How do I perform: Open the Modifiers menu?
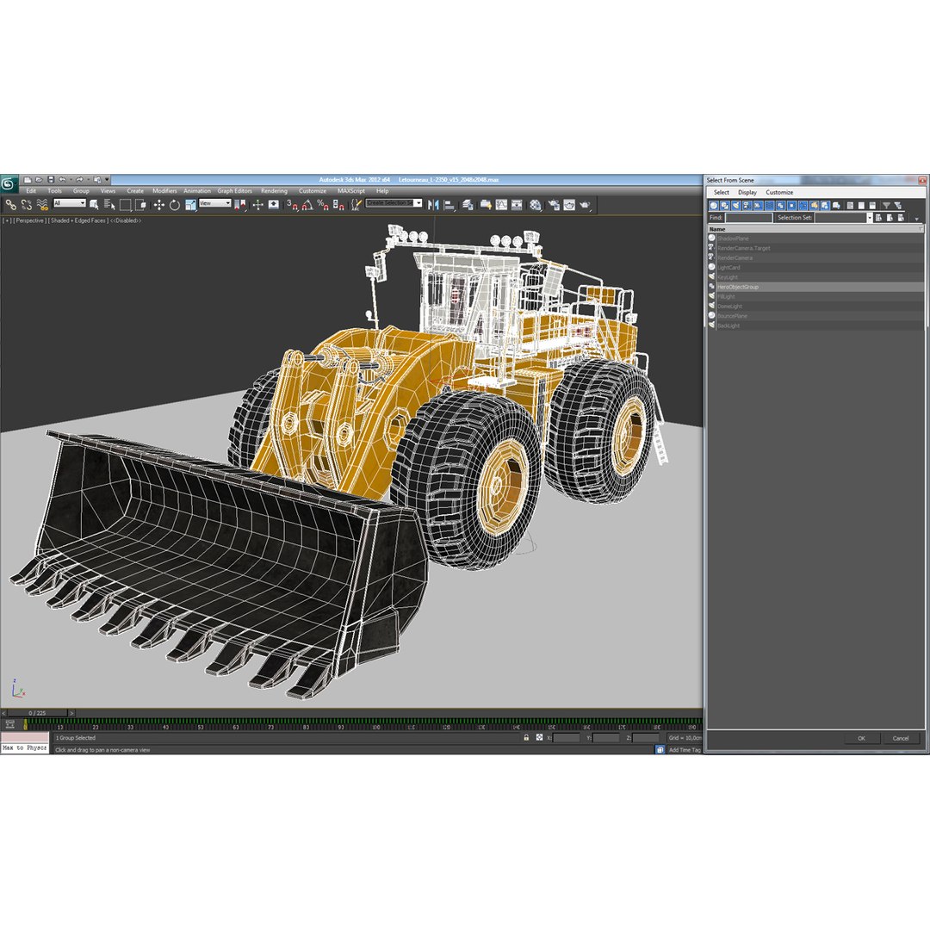tap(164, 191)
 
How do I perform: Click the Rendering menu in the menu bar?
tap(274, 191)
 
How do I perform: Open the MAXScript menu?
tap(350, 191)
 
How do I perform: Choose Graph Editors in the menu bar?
tap(234, 191)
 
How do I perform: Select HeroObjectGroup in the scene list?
tap(738, 287)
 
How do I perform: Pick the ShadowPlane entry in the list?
tap(733, 239)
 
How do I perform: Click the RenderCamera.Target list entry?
tap(743, 248)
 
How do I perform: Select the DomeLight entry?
tap(729, 306)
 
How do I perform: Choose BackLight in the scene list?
tap(728, 325)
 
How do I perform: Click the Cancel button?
tap(900, 738)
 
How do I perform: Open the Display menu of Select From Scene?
tap(747, 192)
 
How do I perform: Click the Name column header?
tap(718, 229)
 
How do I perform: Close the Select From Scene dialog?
tap(921, 180)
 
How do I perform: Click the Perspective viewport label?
tap(29, 220)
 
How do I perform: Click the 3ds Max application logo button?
tap(9, 184)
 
